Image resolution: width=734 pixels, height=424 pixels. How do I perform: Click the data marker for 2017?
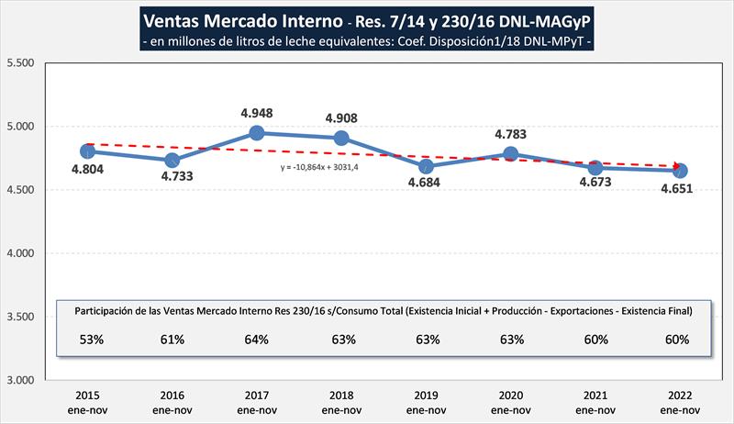click(x=257, y=133)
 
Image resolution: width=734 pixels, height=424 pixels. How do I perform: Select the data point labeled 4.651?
click(x=680, y=171)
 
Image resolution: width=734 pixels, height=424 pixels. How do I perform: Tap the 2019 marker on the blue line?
click(x=426, y=166)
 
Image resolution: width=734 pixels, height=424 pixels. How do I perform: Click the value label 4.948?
click(x=257, y=113)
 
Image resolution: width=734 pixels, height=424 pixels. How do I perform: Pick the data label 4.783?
click(x=511, y=134)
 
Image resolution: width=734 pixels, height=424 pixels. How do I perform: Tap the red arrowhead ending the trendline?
click(x=679, y=166)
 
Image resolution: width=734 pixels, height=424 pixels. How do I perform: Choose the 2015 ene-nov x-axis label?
click(x=87, y=402)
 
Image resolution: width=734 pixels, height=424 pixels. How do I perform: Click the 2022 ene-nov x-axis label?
click(x=680, y=402)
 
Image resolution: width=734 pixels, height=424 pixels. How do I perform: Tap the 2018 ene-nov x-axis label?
click(x=341, y=402)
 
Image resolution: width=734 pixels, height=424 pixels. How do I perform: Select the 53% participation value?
click(x=87, y=340)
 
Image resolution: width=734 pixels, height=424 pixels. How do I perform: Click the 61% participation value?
click(x=172, y=340)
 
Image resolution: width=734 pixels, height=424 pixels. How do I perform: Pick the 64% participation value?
click(x=257, y=340)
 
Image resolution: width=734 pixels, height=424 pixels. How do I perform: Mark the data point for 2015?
click(x=87, y=151)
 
